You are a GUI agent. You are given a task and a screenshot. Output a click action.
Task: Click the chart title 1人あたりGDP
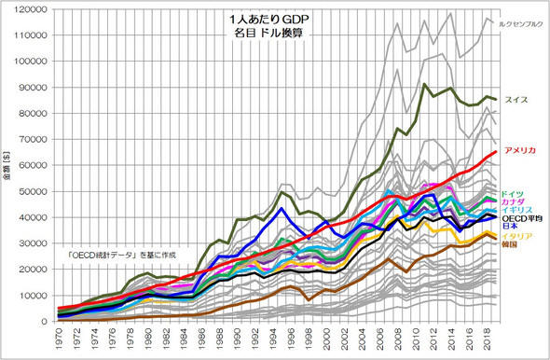271,18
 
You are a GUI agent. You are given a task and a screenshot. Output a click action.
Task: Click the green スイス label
516,99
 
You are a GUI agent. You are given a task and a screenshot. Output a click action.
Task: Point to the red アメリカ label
521,150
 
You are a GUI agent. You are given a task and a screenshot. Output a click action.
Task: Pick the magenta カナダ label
514,202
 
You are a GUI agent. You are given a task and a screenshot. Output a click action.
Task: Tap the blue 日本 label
511,228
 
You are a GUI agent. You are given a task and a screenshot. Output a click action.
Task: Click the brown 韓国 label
511,247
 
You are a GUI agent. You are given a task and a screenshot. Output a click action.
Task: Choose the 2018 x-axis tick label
492,340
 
